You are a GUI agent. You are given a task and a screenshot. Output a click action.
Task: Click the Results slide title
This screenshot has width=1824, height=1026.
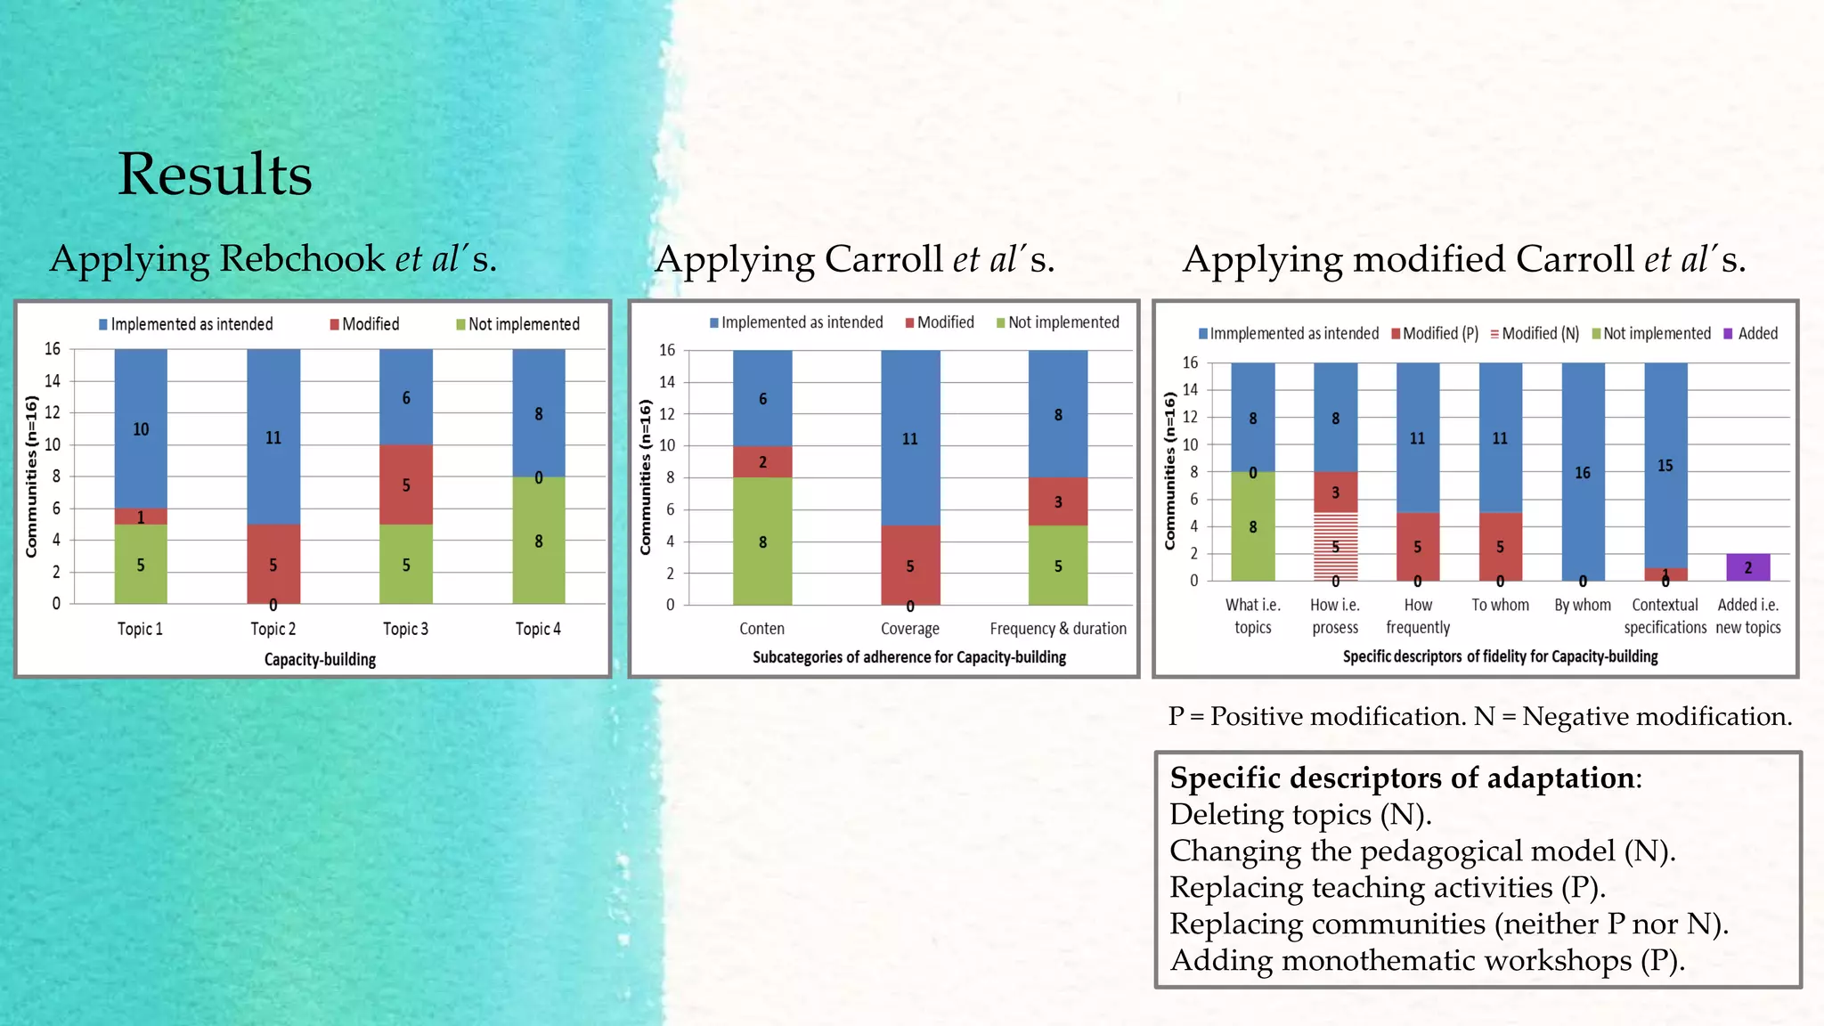click(215, 174)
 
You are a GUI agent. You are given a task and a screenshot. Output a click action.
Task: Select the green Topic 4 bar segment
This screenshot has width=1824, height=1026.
click(538, 540)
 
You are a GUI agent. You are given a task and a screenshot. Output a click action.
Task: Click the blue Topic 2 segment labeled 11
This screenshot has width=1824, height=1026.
click(273, 436)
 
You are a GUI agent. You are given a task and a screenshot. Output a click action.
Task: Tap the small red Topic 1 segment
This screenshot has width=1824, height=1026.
click(141, 517)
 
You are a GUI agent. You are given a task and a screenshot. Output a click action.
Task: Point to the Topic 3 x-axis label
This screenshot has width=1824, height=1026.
click(405, 629)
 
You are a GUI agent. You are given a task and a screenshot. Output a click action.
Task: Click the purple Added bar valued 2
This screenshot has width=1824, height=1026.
click(1747, 567)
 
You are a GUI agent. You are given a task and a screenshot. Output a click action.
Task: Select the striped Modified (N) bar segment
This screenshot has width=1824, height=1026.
click(1335, 547)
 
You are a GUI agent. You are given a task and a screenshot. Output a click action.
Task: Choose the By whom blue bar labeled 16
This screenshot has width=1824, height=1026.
click(1583, 472)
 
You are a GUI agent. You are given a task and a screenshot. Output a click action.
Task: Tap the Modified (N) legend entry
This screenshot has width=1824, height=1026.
click(1535, 333)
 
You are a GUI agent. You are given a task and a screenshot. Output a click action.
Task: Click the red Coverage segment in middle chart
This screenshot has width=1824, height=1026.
click(909, 565)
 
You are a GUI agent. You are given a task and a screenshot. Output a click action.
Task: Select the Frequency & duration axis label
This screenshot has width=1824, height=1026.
click(1058, 629)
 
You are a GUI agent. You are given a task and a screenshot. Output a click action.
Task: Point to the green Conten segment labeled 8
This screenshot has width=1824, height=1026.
click(762, 541)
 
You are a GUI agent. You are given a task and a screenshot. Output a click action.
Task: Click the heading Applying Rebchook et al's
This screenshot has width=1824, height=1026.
click(273, 258)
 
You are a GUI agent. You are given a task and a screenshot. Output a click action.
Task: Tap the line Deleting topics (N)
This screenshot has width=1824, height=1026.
click(1300, 814)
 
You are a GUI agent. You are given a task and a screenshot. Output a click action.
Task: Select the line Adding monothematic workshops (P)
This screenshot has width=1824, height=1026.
click(1427, 960)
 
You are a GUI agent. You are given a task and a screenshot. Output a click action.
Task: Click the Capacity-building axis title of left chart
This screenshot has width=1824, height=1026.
click(320, 659)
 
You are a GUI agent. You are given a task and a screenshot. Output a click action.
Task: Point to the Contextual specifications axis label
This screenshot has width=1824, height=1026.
click(1665, 615)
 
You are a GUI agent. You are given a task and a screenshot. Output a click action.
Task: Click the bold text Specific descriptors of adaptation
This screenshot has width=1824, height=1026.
click(1403, 778)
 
